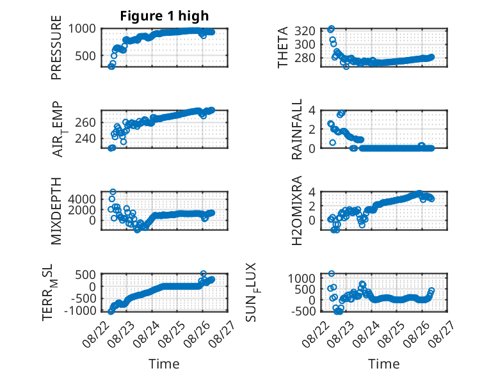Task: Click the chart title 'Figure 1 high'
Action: (165, 16)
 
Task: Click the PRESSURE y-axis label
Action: (56, 47)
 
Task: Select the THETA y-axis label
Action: (282, 47)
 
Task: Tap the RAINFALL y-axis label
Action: (296, 129)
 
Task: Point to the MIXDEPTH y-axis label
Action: (56, 210)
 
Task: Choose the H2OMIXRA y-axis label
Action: (296, 210)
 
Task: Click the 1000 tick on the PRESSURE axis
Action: (82, 29)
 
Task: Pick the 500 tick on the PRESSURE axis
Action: (85, 56)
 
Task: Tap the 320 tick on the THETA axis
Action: (305, 31)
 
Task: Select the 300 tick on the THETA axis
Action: (305, 44)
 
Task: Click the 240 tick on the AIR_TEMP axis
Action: (85, 139)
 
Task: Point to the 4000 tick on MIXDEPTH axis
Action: (82, 200)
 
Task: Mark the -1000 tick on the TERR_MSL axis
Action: (80, 310)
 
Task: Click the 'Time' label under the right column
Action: (383, 364)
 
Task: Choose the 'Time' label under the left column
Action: (165, 364)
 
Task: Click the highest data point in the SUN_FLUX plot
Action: (332, 273)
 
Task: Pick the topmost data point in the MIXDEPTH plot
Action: (113, 192)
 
